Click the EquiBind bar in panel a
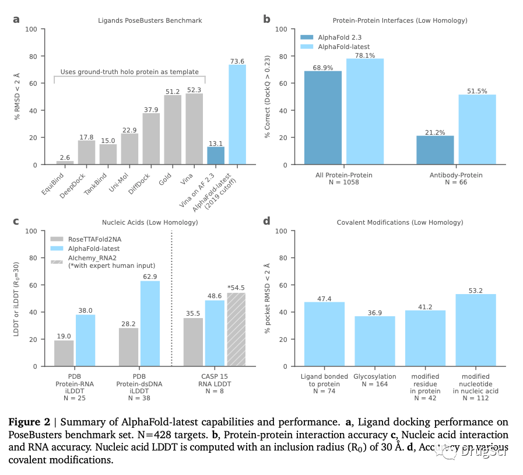[65, 162]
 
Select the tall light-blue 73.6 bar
[237, 114]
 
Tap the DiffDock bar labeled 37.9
[151, 139]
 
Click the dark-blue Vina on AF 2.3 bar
[216, 155]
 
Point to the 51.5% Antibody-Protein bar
[477, 130]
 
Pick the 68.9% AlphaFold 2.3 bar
[323, 118]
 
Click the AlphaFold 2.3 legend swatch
[308, 37]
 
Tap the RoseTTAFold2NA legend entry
[95, 239]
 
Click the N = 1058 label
[343, 183]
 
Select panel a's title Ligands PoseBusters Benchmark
[150, 20]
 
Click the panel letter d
[266, 221]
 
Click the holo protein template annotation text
[129, 72]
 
